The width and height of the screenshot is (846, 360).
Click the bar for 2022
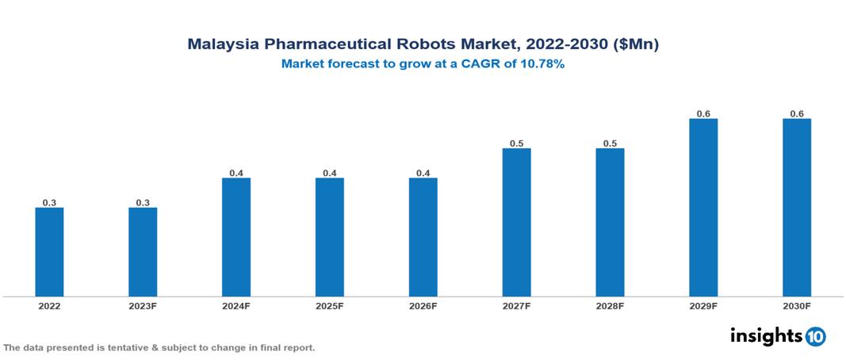[x=49, y=252]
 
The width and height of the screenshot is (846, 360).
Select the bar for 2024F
[x=236, y=237]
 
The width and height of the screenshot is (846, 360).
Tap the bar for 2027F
[x=516, y=222]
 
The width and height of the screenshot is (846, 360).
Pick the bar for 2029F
[x=703, y=208]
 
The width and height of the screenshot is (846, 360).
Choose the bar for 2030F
[x=797, y=208]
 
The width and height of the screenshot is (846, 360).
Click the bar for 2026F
[x=423, y=237]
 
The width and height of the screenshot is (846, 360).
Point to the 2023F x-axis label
[x=143, y=305]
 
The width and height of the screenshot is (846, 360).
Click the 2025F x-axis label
[x=330, y=305]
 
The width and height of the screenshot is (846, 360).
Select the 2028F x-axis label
[x=610, y=305]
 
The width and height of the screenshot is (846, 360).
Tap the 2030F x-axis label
[x=797, y=305]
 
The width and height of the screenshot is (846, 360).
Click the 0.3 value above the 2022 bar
[x=49, y=203]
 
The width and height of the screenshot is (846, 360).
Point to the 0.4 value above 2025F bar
[x=330, y=173]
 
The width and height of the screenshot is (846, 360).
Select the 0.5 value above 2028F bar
[x=610, y=144]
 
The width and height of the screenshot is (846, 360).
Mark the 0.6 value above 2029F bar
[x=703, y=114]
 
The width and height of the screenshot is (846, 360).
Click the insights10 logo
[x=778, y=336]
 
